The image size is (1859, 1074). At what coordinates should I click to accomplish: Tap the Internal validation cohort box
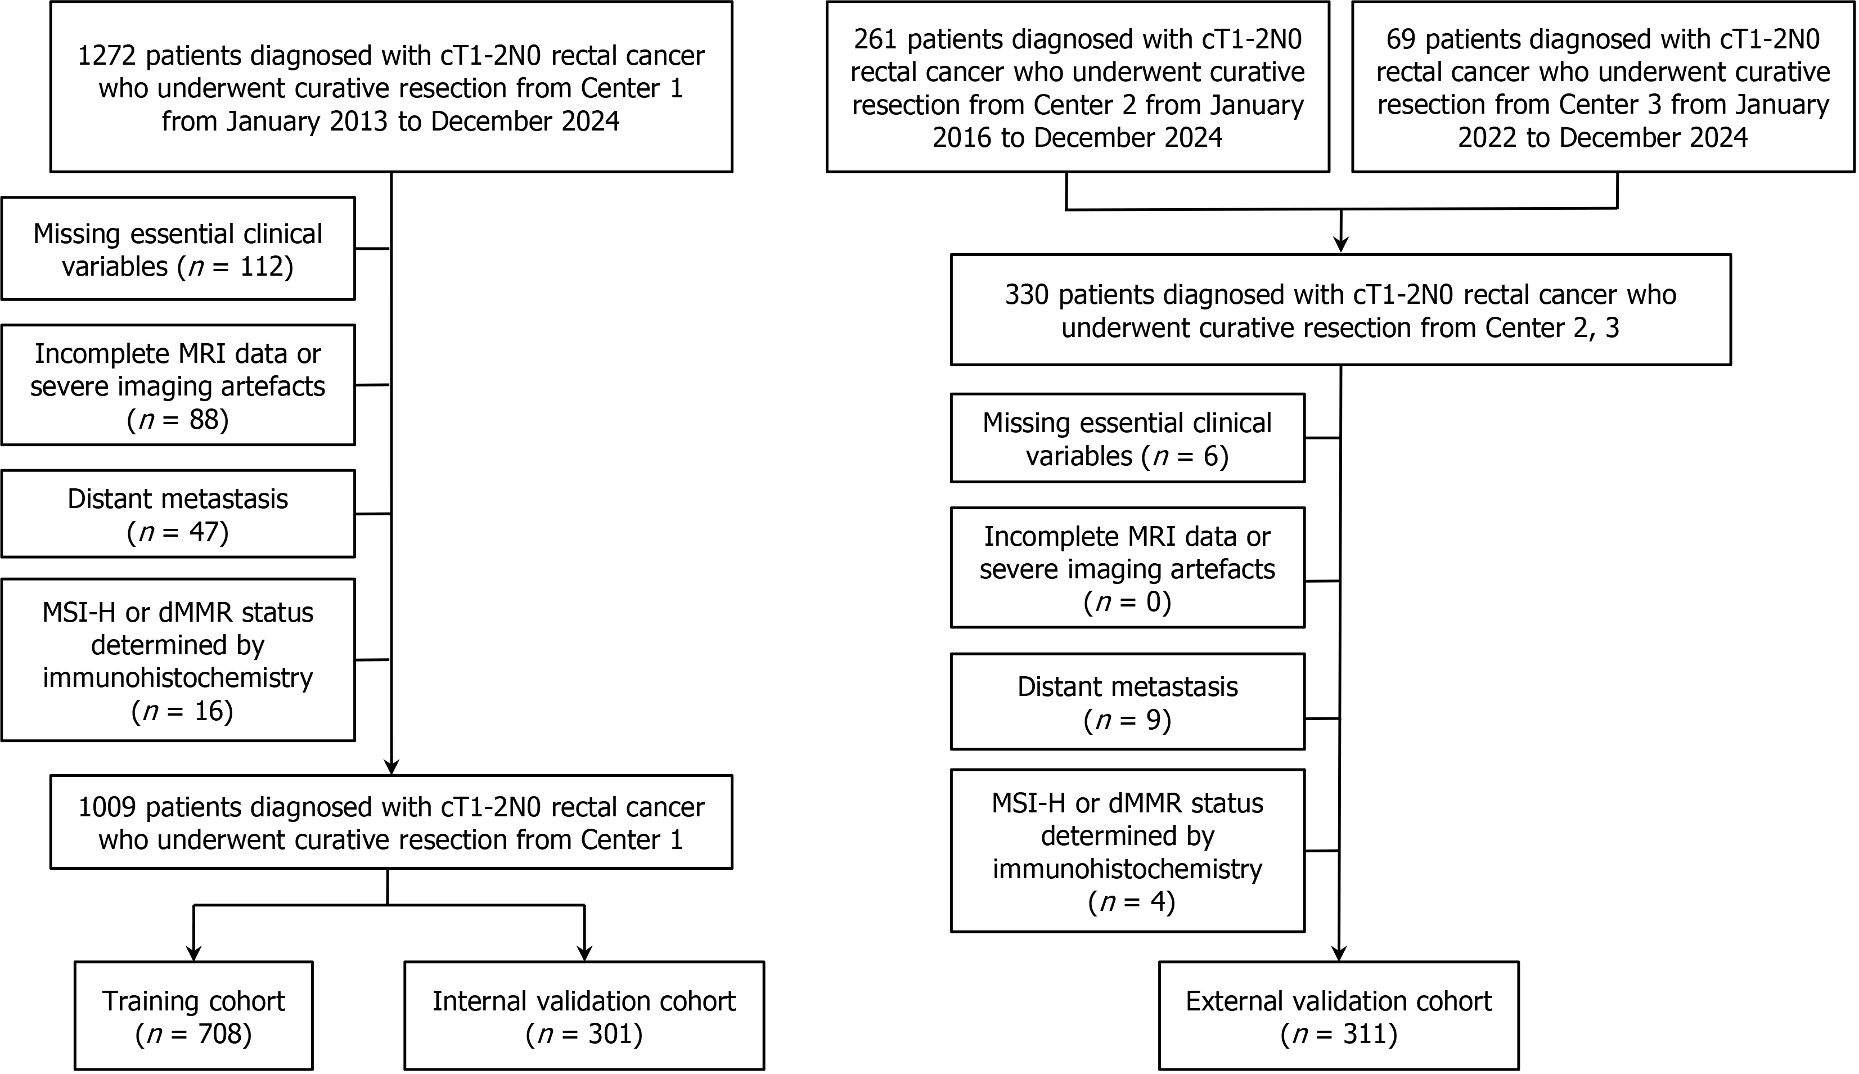coord(584,1015)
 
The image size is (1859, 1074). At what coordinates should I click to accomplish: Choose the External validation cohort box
coord(1339,1015)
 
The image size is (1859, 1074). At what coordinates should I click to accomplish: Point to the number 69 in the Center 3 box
coord(1401,39)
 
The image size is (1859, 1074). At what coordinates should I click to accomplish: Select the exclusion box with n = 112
coord(178,249)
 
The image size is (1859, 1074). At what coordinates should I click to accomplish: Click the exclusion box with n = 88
coord(178,385)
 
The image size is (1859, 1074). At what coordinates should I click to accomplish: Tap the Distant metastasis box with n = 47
coord(178,514)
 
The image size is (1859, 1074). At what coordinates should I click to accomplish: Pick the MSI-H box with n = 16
coord(178,660)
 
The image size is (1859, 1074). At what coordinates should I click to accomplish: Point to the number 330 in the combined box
coord(1027,295)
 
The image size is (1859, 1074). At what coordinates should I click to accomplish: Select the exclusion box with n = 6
coord(1128,438)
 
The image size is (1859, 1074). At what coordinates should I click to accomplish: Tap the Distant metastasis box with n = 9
coord(1128,702)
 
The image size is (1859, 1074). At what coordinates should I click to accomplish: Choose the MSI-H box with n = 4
coord(1128,851)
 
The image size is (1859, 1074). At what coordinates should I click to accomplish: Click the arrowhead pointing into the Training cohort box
coord(194,953)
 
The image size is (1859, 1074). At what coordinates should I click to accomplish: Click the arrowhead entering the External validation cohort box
coord(1339,953)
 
